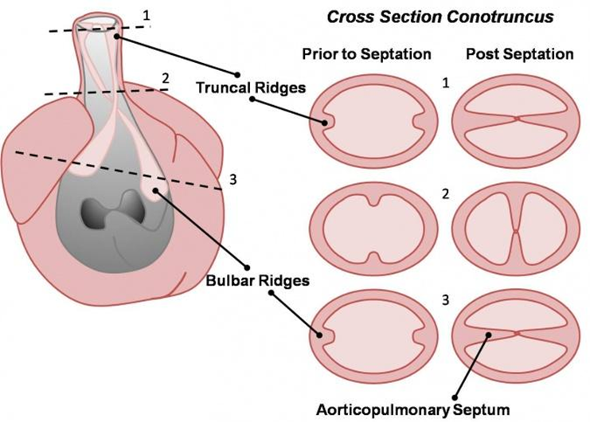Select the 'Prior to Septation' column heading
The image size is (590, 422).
(x=366, y=55)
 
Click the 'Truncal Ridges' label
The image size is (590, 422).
(x=251, y=88)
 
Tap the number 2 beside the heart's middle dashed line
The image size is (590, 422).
(x=165, y=78)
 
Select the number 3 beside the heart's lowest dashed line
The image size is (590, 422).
(x=232, y=180)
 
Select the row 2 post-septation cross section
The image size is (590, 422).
(x=516, y=232)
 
